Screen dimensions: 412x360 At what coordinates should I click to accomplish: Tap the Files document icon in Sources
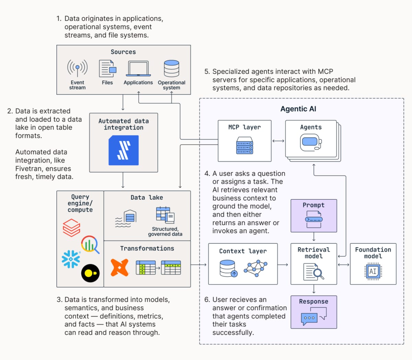pyautogui.click(x=107, y=68)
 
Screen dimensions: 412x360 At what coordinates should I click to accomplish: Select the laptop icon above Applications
pyautogui.click(x=138, y=69)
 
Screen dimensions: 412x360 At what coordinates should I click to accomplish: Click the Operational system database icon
pyautogui.click(x=171, y=68)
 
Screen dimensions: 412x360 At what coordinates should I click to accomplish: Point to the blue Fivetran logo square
pyautogui.click(x=124, y=150)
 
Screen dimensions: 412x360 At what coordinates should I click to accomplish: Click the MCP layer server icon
pyautogui.click(x=244, y=145)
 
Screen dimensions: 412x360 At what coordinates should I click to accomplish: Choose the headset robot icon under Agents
pyautogui.click(x=311, y=142)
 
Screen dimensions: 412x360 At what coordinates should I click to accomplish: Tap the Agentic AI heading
pyautogui.click(x=298, y=109)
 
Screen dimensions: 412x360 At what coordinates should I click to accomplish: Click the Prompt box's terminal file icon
pyautogui.click(x=314, y=219)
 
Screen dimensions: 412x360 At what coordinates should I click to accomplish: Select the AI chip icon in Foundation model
pyautogui.click(x=373, y=271)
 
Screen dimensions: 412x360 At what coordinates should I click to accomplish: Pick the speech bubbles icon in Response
pyautogui.click(x=314, y=316)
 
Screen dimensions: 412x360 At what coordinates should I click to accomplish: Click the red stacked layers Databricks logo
pyautogui.click(x=71, y=228)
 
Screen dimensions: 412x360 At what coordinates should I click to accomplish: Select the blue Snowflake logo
pyautogui.click(x=71, y=259)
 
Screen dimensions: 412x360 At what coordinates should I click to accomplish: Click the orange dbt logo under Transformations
pyautogui.click(x=119, y=267)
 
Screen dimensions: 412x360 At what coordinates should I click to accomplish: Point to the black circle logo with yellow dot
pyautogui.click(x=90, y=273)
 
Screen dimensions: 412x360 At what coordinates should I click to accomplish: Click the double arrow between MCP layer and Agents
pyautogui.click(x=278, y=141)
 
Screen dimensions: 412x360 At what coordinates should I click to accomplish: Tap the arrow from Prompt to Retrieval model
pyautogui.click(x=314, y=237)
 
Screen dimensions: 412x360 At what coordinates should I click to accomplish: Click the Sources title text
pyautogui.click(x=123, y=52)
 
